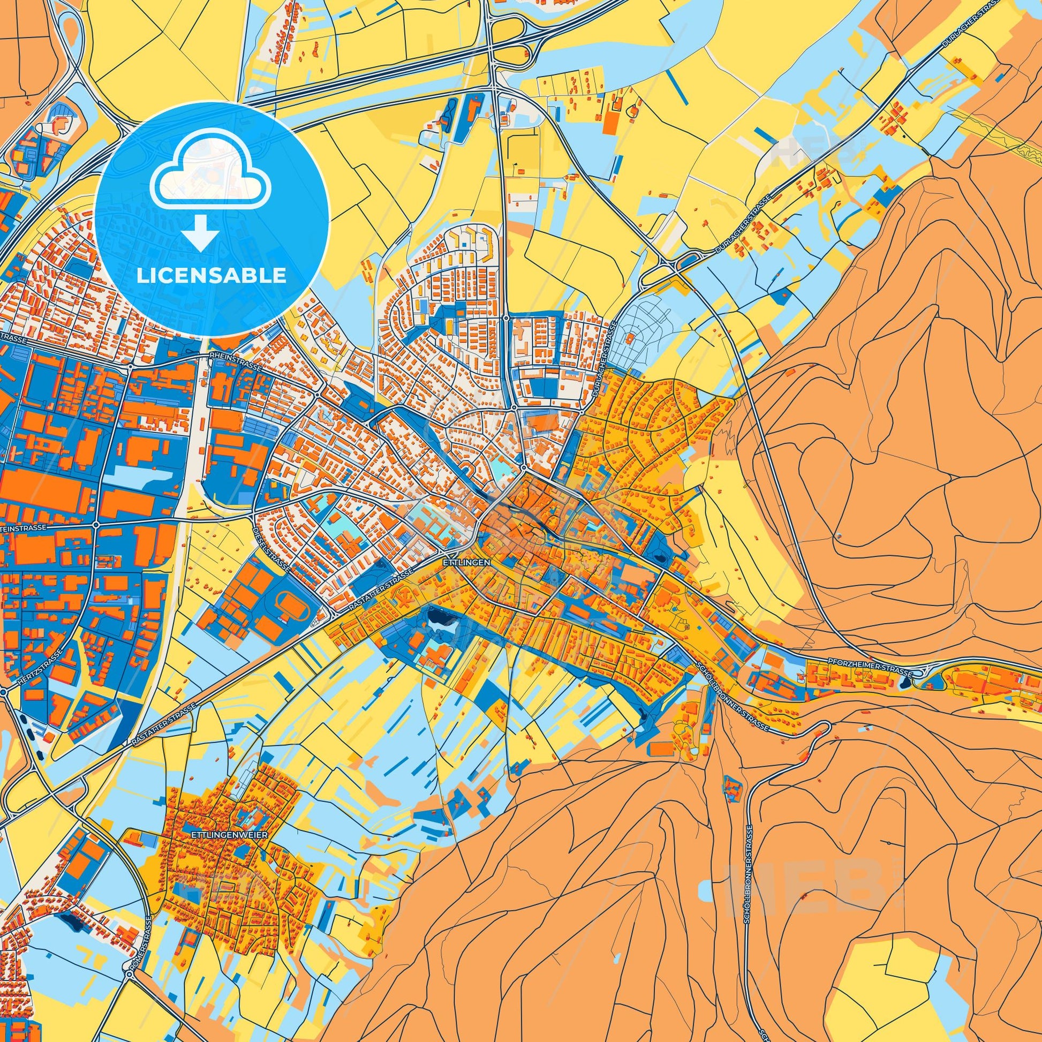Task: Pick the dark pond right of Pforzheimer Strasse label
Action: click(x=905, y=683)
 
